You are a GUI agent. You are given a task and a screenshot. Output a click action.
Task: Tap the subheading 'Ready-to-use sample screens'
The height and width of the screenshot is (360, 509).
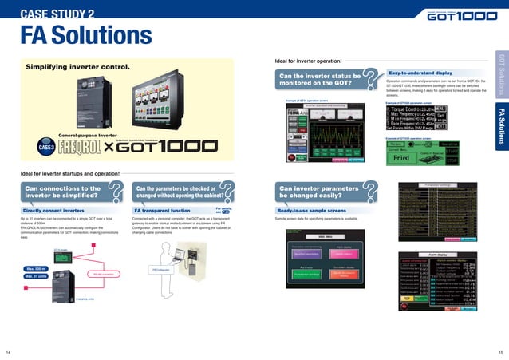coord(312,188)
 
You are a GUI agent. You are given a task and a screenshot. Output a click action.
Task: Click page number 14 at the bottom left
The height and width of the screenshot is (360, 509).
coord(8,351)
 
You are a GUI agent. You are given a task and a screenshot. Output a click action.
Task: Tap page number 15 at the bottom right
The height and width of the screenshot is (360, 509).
coord(500,351)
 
